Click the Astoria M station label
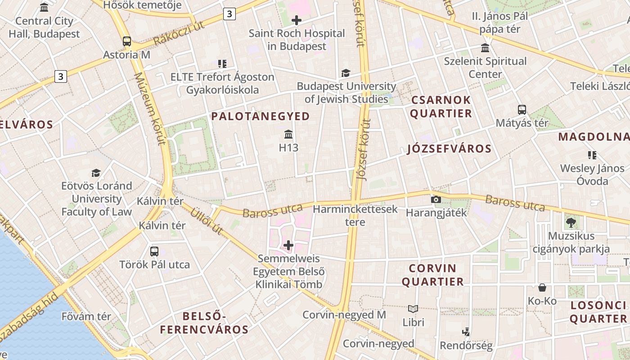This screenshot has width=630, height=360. click(126, 55)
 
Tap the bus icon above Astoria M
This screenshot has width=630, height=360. click(127, 41)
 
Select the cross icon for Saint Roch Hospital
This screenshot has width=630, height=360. click(297, 20)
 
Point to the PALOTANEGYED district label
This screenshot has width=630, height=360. click(261, 116)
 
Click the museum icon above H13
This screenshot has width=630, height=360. click(288, 135)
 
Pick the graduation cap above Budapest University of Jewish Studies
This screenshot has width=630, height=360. click(346, 73)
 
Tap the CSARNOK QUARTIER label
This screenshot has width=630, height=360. click(441, 107)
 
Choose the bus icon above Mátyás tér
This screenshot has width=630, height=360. click(522, 109)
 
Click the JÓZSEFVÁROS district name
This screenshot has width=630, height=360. click(449, 149)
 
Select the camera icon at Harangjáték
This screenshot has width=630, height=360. click(436, 199)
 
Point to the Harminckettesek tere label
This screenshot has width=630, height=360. click(355, 216)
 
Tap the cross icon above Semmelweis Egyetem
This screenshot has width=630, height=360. click(288, 245)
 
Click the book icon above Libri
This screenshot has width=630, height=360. click(413, 309)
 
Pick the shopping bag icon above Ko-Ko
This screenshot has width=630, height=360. click(542, 288)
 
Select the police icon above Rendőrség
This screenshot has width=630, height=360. click(466, 332)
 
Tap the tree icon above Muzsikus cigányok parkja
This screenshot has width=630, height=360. click(571, 222)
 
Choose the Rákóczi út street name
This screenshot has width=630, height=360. click(179, 33)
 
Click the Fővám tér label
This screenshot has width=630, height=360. click(86, 316)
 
